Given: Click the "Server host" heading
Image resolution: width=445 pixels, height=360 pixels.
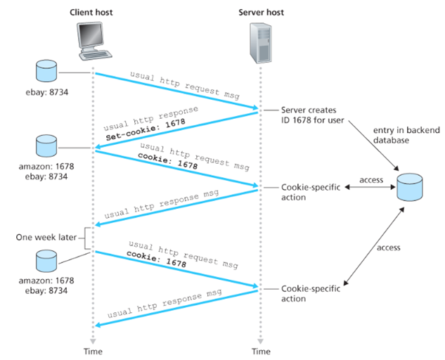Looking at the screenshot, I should pyautogui.click(x=262, y=13).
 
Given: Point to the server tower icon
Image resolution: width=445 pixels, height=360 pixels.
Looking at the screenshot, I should pyautogui.click(x=261, y=44).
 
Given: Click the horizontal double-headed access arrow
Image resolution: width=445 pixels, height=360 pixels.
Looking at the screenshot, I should pyautogui.click(x=371, y=188).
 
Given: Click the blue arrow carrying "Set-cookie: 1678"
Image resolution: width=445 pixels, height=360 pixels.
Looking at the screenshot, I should pyautogui.click(x=176, y=127).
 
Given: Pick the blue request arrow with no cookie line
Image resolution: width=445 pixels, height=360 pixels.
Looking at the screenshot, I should pyautogui.click(x=176, y=90).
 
